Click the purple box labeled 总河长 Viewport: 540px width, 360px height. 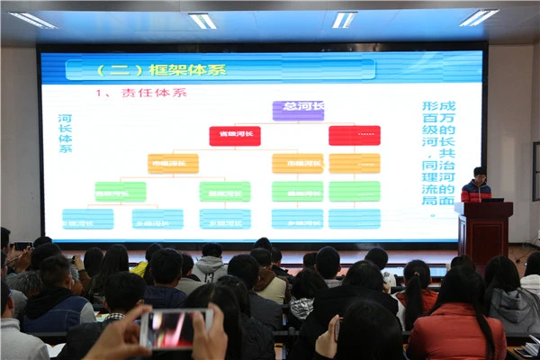[x=297, y=110]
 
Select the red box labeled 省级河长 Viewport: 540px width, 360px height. [x=235, y=136]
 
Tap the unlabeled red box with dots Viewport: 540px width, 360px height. [x=354, y=136]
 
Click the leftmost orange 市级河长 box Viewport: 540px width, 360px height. [x=173, y=163]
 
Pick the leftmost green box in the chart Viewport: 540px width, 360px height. [x=120, y=191]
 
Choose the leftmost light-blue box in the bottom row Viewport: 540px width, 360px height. [x=87, y=219]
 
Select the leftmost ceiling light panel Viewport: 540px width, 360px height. [x=32, y=19]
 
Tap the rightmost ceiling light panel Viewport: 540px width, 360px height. [x=479, y=17]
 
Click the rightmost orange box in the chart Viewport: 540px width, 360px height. [x=354, y=163]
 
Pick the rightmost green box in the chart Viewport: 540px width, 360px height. [x=354, y=191]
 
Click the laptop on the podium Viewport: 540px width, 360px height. [x=491, y=198]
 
